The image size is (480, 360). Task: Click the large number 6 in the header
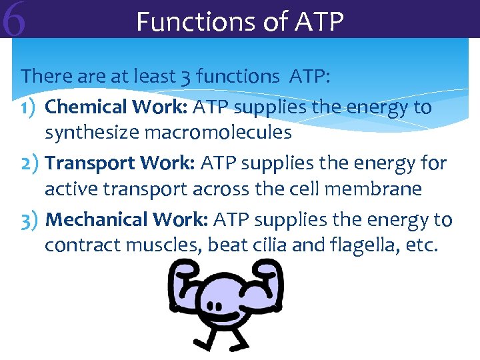click(14, 19)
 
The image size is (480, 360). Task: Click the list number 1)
click(31, 107)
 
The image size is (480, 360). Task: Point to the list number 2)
click(31, 163)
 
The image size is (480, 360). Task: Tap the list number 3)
click(31, 220)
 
